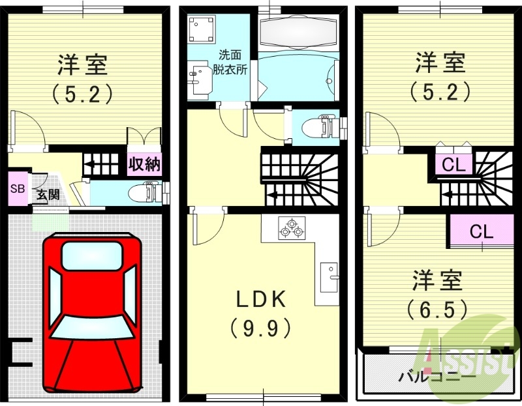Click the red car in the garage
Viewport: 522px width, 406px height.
(x=91, y=313)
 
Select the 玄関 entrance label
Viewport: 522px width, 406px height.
(x=47, y=194)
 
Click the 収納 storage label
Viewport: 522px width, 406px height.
(x=144, y=164)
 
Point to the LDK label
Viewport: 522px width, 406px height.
(x=260, y=300)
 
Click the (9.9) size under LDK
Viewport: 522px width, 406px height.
(x=260, y=328)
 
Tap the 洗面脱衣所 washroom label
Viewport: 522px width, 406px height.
(x=232, y=63)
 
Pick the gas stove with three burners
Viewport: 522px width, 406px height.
(x=290, y=228)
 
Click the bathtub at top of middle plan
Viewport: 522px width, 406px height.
(x=297, y=29)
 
